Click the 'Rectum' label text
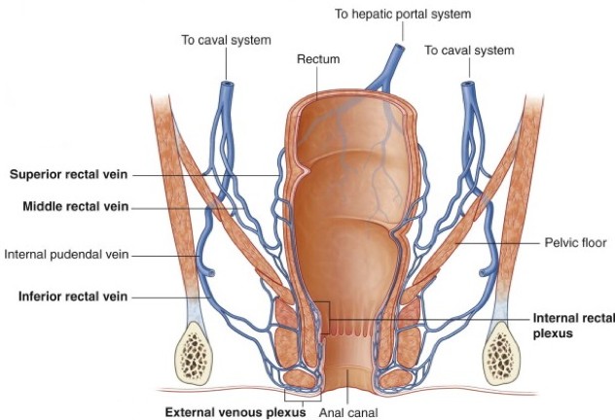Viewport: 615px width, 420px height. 318,59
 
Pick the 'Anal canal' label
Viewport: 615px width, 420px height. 346,411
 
